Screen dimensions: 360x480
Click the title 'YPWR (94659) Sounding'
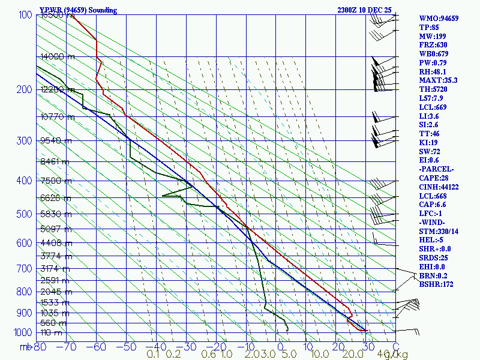point(78,10)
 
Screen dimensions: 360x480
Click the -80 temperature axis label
point(40,346)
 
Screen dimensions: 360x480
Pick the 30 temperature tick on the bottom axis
point(365,346)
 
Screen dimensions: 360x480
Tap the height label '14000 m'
point(58,56)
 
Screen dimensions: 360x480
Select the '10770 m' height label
point(58,117)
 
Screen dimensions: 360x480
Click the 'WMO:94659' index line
point(439,19)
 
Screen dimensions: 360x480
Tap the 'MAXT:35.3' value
point(439,80)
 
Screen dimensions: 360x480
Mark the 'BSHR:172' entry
point(436,284)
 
